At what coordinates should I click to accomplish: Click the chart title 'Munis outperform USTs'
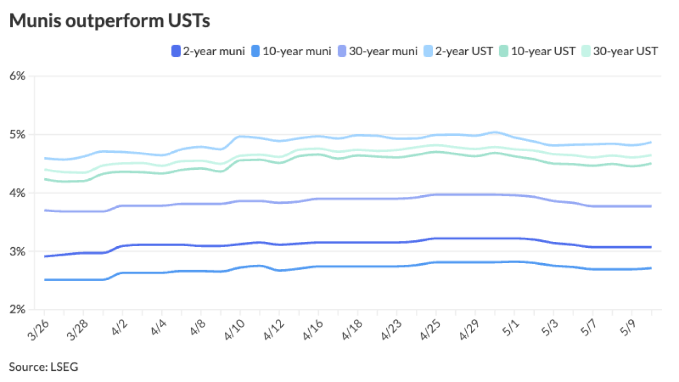[x=110, y=21]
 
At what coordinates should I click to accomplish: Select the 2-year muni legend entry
[x=208, y=51]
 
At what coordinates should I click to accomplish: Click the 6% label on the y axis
[x=18, y=76]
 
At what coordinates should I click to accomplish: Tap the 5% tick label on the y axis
[x=18, y=134]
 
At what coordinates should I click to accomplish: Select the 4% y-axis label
[x=18, y=193]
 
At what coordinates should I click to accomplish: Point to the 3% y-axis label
[x=18, y=251]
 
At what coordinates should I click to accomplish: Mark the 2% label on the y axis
[x=18, y=309]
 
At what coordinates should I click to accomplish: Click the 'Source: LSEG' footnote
[x=43, y=367]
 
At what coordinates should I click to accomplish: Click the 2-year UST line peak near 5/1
[x=494, y=132]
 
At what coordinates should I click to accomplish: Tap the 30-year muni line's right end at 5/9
[x=651, y=206]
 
